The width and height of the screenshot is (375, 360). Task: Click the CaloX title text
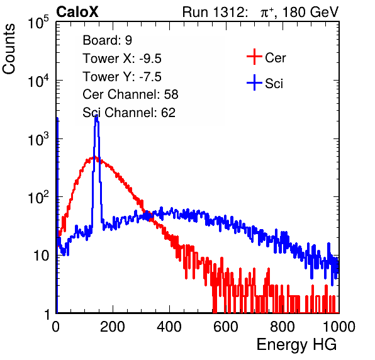(77, 12)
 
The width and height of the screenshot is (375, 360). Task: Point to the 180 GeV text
(310, 12)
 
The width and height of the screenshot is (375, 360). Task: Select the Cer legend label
(275, 58)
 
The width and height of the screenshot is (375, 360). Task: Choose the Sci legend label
(274, 83)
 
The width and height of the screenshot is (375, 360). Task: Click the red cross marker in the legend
(254, 57)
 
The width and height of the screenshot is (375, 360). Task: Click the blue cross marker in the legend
(254, 82)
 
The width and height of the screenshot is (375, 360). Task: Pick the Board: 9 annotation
(107, 40)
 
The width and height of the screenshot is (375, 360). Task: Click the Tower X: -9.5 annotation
(122, 59)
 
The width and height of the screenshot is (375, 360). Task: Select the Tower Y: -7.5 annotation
(122, 77)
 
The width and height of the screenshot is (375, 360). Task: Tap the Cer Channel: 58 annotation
(130, 94)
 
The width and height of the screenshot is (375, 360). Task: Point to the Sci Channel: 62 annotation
(129, 113)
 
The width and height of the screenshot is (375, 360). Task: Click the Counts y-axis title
(9, 49)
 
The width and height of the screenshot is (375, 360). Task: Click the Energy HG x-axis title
(296, 345)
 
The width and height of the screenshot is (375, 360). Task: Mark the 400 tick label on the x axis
(169, 327)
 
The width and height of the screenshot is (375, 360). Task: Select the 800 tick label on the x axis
(283, 327)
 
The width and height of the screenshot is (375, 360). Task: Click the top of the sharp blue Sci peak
(96, 116)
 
